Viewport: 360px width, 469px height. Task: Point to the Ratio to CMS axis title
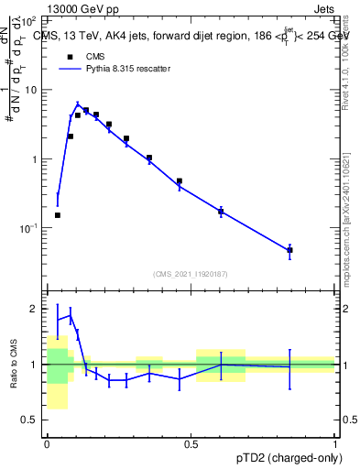coord(14,365)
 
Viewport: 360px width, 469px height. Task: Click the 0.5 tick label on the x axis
coord(191,443)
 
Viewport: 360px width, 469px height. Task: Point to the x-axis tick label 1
coord(335,443)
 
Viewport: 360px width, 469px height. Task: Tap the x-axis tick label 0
coord(47,443)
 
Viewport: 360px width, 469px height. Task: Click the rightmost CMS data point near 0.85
coord(289,250)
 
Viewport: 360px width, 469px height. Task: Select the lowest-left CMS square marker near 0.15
coord(58,215)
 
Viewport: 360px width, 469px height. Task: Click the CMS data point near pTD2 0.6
coord(221,212)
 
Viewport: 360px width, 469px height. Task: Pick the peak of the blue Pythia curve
coord(78,104)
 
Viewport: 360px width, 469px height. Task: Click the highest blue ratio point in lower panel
coord(71,315)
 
